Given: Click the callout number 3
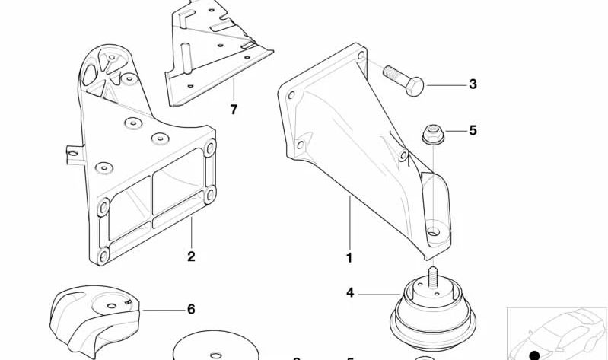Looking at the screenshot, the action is [x=473, y=84].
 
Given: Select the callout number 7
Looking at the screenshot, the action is [x=234, y=110].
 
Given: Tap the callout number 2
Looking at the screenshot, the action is [x=191, y=256].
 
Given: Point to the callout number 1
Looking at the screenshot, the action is [x=349, y=257].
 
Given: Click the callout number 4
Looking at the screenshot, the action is [x=350, y=292].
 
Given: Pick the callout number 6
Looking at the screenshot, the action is [x=191, y=309].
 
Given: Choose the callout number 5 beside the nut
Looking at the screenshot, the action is [x=473, y=130].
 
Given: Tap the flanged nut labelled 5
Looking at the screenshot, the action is [x=433, y=134].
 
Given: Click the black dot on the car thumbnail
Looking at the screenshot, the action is [x=534, y=355].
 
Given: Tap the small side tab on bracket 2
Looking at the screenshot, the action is [x=75, y=154].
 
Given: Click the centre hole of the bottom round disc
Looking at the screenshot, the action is [x=215, y=355].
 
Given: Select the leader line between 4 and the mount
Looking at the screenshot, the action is [x=379, y=295].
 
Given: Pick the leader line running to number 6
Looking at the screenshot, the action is [x=164, y=311].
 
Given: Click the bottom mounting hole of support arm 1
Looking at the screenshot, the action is [x=433, y=231].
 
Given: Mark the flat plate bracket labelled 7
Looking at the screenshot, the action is [x=218, y=53].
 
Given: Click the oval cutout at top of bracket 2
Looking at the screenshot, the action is [x=89, y=74].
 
